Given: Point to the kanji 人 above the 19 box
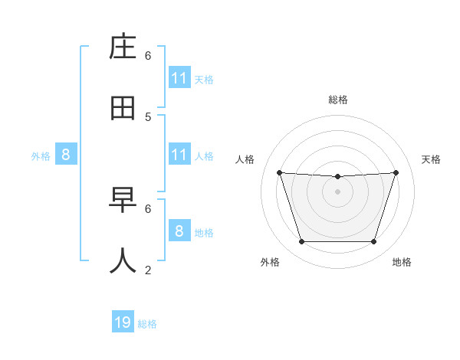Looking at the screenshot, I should [123, 260].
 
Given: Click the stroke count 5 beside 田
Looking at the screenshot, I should [148, 117].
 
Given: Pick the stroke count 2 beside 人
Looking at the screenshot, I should [148, 270].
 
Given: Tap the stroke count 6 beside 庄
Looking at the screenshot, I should [148, 55].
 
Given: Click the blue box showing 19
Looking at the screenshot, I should [123, 322].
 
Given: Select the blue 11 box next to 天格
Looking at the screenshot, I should [179, 78].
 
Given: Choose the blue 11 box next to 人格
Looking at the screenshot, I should [179, 155].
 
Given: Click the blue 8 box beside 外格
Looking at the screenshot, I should [66, 155].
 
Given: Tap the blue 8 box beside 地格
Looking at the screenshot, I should [179, 231].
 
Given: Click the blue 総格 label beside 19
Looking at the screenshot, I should [147, 324].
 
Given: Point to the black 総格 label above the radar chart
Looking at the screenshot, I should [338, 100].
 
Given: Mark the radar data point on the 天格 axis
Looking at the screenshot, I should [396, 172].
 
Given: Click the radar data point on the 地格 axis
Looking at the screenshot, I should [373, 241].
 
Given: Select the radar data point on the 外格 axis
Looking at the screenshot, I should [302, 241].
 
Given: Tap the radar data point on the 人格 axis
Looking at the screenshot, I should [280, 172].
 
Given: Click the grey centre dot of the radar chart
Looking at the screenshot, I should [338, 191].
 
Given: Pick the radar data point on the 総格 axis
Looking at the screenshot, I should [338, 176].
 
